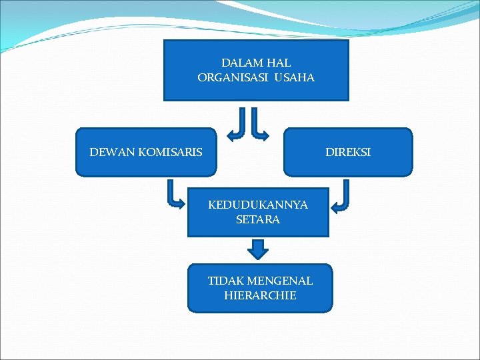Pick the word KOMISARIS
point(170,153)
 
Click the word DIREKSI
point(348,153)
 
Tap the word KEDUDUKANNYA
point(258,205)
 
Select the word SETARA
point(258,219)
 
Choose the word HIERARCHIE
point(260,295)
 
